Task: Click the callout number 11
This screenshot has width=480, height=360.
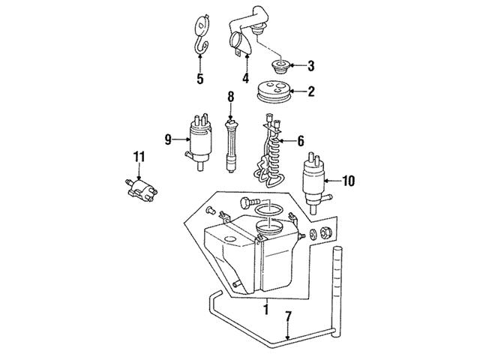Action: pos(139,157)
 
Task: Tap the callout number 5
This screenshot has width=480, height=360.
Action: pos(200,79)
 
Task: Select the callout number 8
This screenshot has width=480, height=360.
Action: pos(230,97)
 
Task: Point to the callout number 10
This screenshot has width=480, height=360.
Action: pos(348,181)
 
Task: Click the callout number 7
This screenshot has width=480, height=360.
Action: pos(288,316)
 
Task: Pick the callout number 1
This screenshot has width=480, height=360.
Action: pos(266,309)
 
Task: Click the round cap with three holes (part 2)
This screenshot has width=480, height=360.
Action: pos(273,91)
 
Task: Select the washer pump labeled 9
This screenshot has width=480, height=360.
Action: pos(199,142)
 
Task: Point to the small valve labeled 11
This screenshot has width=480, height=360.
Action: pos(141,190)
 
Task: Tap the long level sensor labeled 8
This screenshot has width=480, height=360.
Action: pos(231,146)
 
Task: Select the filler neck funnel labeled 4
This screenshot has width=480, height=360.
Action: pos(246,34)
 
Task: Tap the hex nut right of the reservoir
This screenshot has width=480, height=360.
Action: pos(326,233)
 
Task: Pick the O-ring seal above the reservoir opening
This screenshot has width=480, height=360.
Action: pos(268,211)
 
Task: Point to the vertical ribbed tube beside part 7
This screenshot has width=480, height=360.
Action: pos(337,292)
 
